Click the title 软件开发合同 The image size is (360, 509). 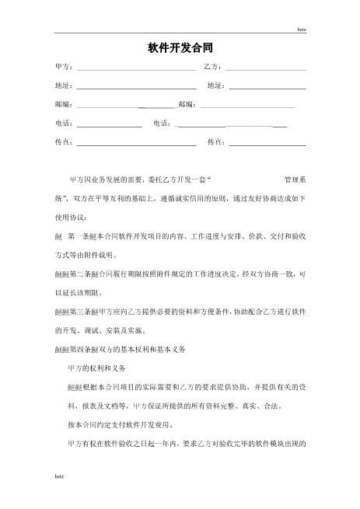pyautogui.click(x=180, y=49)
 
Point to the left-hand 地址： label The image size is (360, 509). pyautogui.click(x=65, y=85)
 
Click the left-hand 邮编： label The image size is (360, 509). pyautogui.click(x=65, y=104)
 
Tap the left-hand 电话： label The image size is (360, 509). pyautogui.click(x=65, y=124)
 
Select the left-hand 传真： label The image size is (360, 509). pyautogui.click(x=65, y=142)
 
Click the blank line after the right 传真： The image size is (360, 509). pyautogui.click(x=267, y=144)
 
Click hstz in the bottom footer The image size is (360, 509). pyautogui.click(x=59, y=495)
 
